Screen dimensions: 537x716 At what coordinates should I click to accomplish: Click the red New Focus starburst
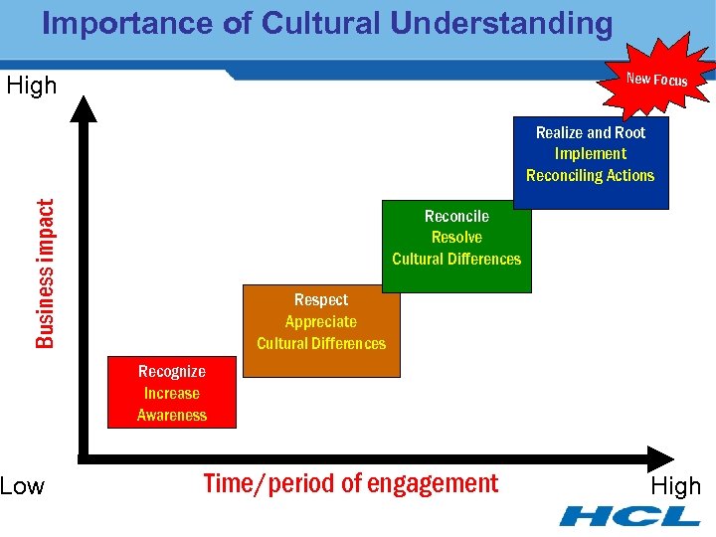pos(656,78)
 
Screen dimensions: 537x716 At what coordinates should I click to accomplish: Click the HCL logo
pos(629,516)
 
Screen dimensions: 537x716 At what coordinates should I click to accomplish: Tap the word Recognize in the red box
pos(172,372)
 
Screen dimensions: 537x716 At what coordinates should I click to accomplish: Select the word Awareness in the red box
pos(172,416)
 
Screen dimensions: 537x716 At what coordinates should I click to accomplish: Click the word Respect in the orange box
pos(321,300)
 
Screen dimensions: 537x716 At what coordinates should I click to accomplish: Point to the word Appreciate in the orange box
pos(321,322)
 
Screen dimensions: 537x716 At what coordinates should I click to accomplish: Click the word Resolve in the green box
pos(456,238)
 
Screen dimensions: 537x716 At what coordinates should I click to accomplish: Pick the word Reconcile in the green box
pos(456,216)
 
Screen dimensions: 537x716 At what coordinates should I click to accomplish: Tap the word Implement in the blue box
pos(591,154)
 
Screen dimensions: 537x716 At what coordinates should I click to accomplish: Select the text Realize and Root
pos(591,132)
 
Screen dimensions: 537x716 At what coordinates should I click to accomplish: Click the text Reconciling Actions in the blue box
pos(591,176)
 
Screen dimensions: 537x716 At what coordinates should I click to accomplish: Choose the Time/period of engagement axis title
pos(350,484)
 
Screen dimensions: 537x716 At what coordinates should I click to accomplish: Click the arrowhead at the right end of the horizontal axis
pos(660,457)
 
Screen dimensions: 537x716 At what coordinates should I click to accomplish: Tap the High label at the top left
pos(32,87)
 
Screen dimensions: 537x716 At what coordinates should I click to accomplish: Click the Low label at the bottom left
pos(23,486)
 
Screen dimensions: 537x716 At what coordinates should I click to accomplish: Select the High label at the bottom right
pos(675,486)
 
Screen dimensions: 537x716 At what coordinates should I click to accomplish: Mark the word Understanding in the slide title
pos(501,24)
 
